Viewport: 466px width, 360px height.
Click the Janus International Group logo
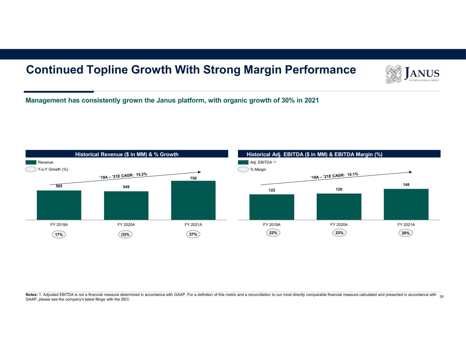tap(412, 74)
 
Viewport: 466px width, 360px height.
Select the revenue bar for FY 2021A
tap(193, 200)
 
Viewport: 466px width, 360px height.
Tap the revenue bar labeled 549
tap(126, 205)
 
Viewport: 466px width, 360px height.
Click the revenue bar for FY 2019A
tap(59, 205)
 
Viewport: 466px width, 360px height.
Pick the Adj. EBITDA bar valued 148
tap(406, 204)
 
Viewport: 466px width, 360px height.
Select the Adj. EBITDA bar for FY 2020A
tap(339, 206)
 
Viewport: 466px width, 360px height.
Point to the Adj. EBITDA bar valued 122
tap(272, 207)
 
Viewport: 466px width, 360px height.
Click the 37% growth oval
tap(193, 234)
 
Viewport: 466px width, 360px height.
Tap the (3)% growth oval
tap(126, 234)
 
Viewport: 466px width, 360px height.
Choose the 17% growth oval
tap(59, 234)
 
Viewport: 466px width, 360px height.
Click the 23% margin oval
tap(339, 233)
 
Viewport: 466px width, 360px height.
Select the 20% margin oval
tap(406, 233)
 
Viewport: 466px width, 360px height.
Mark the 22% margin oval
tap(273, 233)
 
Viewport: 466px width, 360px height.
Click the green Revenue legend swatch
tap(31, 162)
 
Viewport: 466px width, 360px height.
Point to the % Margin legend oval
tap(243, 169)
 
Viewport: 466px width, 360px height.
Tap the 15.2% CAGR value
tap(141, 174)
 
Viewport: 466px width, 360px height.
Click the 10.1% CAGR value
tap(353, 174)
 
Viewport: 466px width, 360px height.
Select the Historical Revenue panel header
tap(127, 154)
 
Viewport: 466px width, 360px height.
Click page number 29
tap(441, 297)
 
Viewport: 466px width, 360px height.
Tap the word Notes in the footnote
tap(32, 294)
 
